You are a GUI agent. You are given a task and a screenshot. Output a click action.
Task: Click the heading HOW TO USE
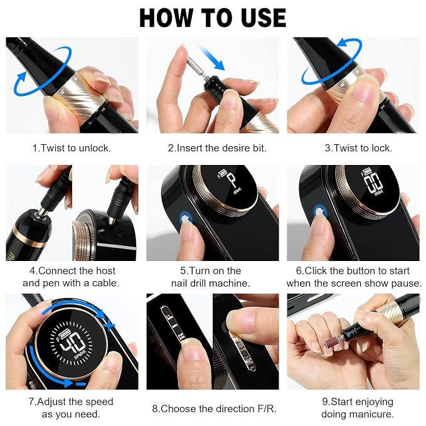pos(213,18)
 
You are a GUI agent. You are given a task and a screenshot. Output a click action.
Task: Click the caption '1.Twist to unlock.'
pos(72,148)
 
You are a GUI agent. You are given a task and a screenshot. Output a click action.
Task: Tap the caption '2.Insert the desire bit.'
pos(217,148)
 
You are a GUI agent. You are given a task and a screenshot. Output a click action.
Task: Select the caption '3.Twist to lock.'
pos(358,148)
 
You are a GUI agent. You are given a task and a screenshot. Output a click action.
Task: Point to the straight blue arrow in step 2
pos(213,58)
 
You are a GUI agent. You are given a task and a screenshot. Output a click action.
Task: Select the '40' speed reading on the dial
pos(72,342)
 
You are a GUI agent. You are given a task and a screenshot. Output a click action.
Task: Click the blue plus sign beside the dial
pos(109,325)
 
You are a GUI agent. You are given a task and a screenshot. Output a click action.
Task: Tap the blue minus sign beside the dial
pos(81,384)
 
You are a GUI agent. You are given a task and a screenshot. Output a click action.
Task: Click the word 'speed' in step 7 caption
pos(99,402)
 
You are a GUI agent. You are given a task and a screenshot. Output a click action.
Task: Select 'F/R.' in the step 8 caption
pos(265,408)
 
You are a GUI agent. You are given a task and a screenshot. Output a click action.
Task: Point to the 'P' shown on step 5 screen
pos(232,179)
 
